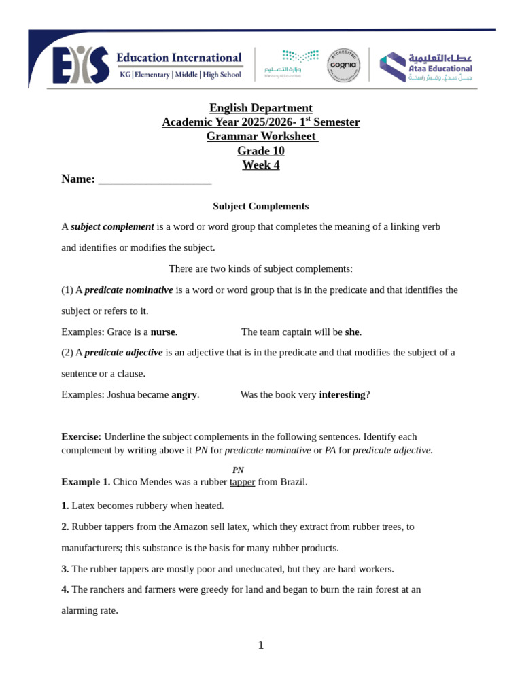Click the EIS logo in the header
coord(81,65)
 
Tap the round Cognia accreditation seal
coord(343,65)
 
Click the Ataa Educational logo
coord(425,67)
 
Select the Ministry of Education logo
coord(291,63)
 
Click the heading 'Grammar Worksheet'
coord(261,136)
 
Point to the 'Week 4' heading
coord(261,164)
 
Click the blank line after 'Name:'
coord(155,179)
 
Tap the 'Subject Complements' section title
coord(261,206)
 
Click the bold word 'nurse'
coord(163,332)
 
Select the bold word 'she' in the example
coord(352,332)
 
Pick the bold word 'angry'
coord(184,394)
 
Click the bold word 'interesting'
coord(342,394)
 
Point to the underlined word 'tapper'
coord(242,481)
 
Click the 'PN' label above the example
coord(238,470)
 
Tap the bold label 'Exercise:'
coord(81,436)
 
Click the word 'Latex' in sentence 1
coord(84,506)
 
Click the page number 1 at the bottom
coord(261,646)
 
